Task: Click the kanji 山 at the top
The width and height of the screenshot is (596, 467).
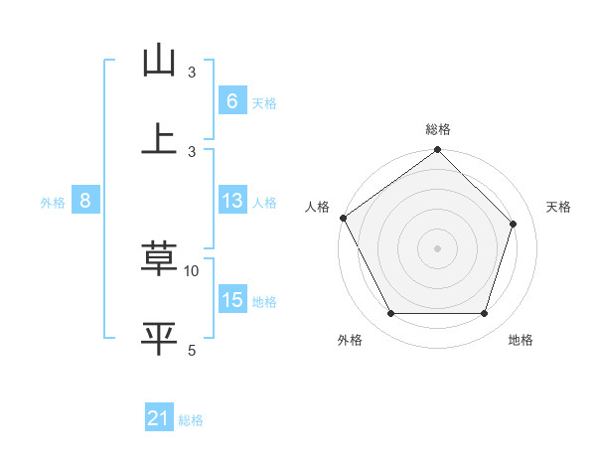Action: point(159,61)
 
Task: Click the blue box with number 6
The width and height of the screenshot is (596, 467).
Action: point(231,100)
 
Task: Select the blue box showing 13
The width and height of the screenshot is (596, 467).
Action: point(231,201)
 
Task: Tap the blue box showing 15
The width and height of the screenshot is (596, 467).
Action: point(231,301)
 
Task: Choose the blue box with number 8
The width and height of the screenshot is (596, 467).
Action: point(85,201)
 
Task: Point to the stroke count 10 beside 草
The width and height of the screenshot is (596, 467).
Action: point(192,270)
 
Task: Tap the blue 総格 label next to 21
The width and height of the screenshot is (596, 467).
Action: point(191,420)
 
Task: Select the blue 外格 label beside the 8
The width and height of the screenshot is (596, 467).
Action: point(53,202)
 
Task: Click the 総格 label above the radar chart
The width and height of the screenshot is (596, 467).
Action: point(437,129)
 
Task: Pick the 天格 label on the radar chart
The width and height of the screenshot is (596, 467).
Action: point(558,207)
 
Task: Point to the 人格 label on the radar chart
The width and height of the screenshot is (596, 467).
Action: point(317,207)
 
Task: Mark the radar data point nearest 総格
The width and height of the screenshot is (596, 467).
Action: point(437,151)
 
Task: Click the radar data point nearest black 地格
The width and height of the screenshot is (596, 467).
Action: point(484,314)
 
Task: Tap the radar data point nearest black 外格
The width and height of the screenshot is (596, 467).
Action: point(390,314)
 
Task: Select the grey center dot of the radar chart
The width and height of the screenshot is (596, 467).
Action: point(437,247)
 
